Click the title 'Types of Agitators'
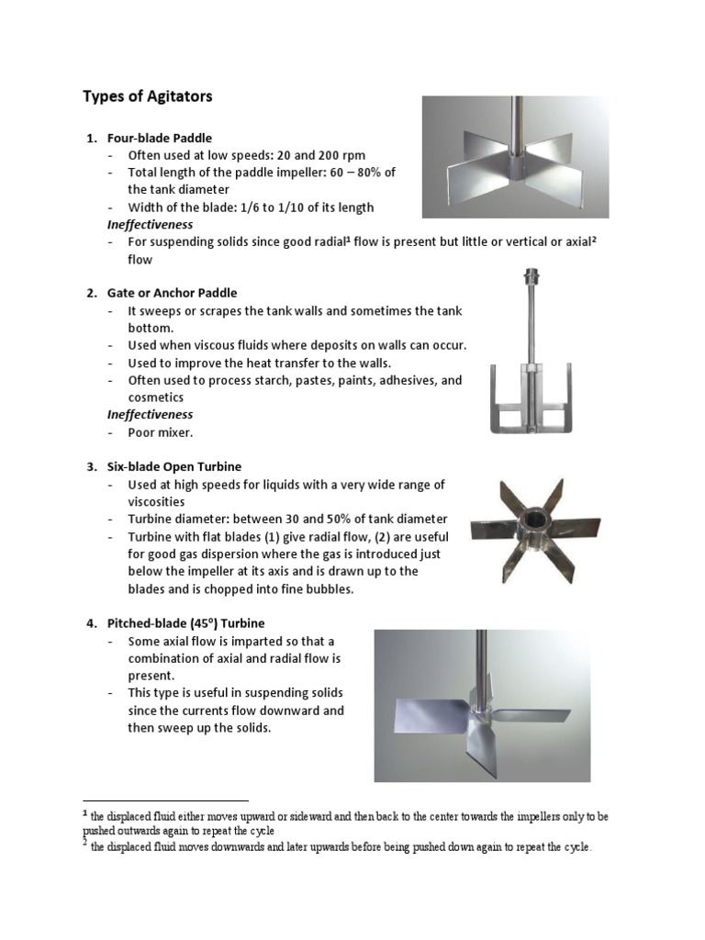(147, 95)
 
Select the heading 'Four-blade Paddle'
(159, 138)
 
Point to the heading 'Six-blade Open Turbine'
(174, 466)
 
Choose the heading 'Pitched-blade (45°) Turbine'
(185, 623)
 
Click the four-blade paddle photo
(514, 157)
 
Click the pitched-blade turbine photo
(482, 705)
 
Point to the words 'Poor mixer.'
(161, 432)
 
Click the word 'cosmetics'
(156, 397)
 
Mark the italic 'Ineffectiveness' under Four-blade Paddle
(150, 224)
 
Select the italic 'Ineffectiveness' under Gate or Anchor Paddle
(150, 415)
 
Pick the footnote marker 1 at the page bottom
(85, 813)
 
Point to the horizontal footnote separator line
(165, 800)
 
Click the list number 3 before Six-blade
(91, 466)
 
